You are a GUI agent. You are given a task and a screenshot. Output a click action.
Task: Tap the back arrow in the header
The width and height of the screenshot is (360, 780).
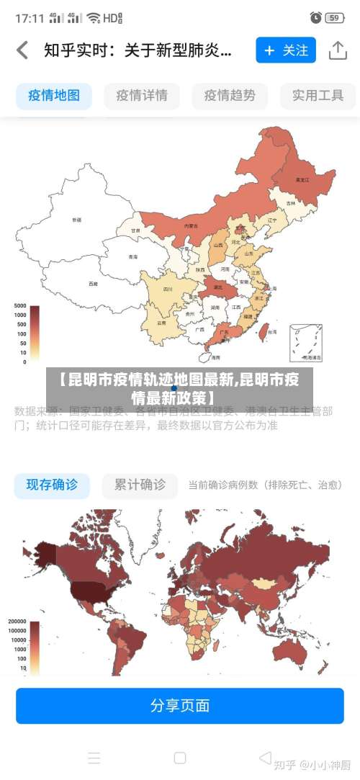point(22,50)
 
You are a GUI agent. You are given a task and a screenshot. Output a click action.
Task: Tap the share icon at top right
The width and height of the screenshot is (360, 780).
point(338,50)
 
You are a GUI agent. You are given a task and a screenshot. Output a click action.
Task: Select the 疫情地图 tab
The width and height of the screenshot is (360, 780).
point(54,95)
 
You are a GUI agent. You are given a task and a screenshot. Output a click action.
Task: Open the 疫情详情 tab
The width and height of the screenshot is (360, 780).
point(142,95)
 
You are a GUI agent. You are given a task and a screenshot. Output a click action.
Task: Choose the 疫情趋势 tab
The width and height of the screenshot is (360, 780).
point(230,95)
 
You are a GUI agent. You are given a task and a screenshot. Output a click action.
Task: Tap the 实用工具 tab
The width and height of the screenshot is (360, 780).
point(318,95)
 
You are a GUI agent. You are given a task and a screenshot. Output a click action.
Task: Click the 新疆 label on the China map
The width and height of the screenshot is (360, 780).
point(76,219)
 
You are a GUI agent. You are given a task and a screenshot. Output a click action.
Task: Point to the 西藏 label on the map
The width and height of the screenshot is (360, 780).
point(93,284)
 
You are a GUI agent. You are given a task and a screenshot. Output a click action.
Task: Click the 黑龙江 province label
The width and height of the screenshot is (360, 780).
point(302,179)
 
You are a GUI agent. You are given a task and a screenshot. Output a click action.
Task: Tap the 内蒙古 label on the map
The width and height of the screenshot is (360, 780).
point(191,225)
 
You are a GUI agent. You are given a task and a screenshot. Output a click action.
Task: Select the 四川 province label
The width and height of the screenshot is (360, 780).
point(168,289)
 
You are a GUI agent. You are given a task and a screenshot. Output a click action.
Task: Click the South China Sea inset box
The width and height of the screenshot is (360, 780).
point(306,344)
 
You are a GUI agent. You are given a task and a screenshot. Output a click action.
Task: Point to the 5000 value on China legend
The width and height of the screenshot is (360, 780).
point(20,306)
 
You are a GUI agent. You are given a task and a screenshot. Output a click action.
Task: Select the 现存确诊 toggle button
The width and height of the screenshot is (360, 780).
point(52,485)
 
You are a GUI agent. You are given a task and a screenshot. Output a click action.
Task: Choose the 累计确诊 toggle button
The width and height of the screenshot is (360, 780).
point(140,485)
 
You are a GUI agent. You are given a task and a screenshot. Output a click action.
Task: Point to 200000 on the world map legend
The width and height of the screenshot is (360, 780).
point(17,622)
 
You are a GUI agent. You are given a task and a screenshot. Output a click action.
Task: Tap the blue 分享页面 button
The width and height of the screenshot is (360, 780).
point(180,705)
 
